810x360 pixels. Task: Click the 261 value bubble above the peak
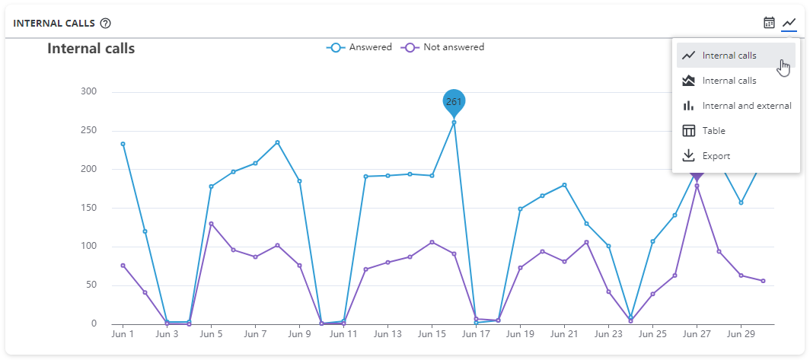point(454,101)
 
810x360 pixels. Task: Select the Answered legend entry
point(359,47)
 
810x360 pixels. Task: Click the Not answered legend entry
point(443,47)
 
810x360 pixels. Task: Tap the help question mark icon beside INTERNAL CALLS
point(106,24)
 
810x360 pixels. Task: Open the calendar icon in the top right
point(769,23)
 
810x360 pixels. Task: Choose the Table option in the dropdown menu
point(713,131)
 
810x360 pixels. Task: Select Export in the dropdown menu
point(716,156)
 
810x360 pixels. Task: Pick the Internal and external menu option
point(746,106)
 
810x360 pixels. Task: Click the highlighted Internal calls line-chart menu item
point(729,56)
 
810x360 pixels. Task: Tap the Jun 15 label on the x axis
point(432,334)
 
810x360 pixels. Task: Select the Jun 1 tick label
point(123,334)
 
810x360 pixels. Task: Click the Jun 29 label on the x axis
point(741,334)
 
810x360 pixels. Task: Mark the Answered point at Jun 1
point(123,144)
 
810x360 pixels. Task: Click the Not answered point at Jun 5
point(211,224)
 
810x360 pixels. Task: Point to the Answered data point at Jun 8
point(277,142)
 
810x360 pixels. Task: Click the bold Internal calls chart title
point(91,49)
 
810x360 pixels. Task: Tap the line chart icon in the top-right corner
point(789,23)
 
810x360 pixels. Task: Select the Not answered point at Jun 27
point(697,186)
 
